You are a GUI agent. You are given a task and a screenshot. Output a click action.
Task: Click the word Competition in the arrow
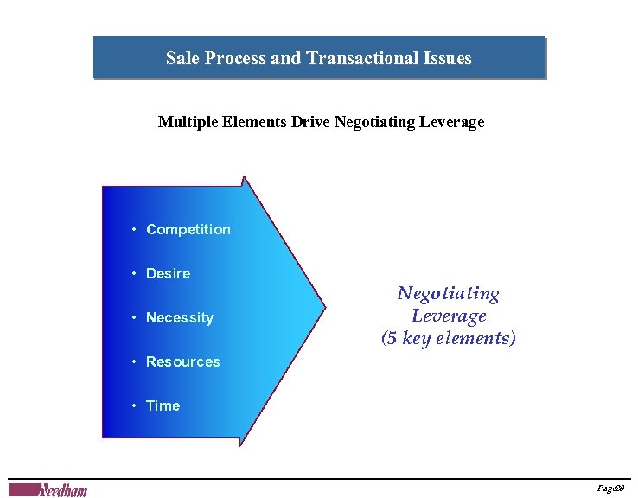(x=188, y=229)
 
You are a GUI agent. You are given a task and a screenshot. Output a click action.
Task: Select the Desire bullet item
(x=168, y=273)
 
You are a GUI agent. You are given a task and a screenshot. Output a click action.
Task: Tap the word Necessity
(x=179, y=317)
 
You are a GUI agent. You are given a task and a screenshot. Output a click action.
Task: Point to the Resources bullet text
(x=182, y=361)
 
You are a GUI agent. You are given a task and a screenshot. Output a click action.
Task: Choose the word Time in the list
(x=163, y=405)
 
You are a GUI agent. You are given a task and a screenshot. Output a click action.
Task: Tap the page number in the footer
(x=611, y=489)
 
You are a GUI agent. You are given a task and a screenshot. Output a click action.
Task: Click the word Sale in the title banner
(x=182, y=58)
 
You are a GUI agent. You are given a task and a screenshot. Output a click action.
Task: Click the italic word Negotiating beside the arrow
(x=449, y=294)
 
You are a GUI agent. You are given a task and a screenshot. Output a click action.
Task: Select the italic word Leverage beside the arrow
(x=449, y=316)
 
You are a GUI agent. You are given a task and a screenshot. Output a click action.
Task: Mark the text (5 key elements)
(x=449, y=338)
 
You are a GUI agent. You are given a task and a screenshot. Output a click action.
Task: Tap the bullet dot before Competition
(x=135, y=229)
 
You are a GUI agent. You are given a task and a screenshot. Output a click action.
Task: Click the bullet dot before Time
(x=135, y=405)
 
